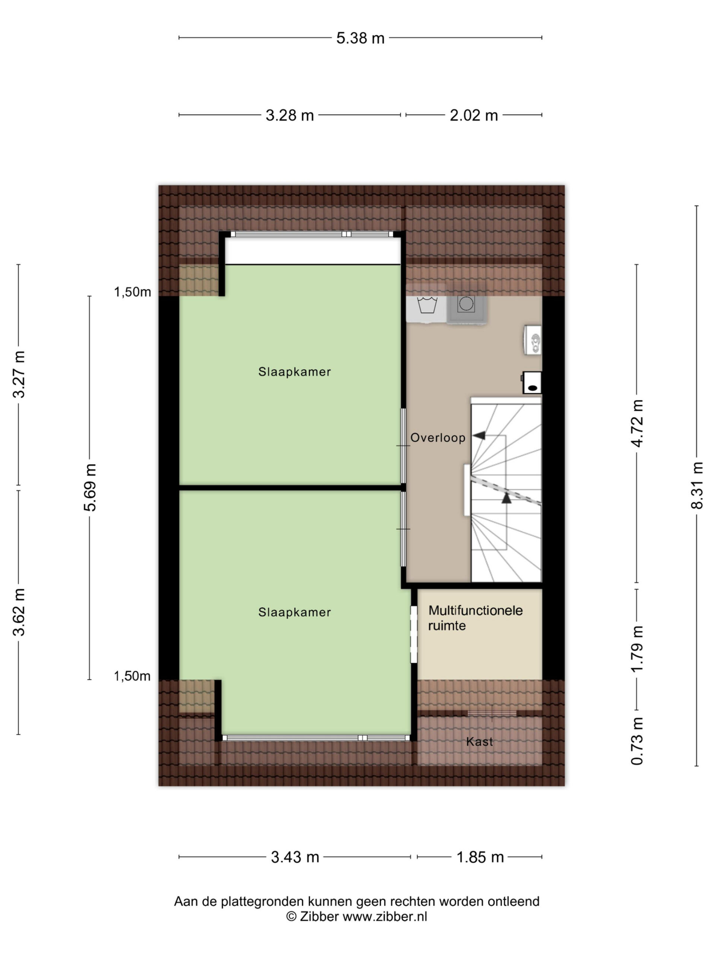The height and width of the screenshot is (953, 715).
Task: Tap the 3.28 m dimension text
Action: point(290,115)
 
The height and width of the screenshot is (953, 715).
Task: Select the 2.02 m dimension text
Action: point(474,115)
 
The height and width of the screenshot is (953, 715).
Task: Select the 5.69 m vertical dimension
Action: point(90,487)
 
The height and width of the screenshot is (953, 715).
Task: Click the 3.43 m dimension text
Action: point(295,857)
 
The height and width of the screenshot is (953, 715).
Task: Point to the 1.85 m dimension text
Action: point(480,857)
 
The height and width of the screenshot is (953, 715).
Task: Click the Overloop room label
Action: point(438,438)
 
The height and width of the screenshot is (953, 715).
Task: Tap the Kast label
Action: point(479,742)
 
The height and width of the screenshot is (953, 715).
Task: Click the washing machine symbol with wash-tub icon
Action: point(427,309)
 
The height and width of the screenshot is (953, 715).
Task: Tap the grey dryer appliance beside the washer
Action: point(467,309)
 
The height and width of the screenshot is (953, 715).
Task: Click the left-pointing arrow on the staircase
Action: point(479,436)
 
